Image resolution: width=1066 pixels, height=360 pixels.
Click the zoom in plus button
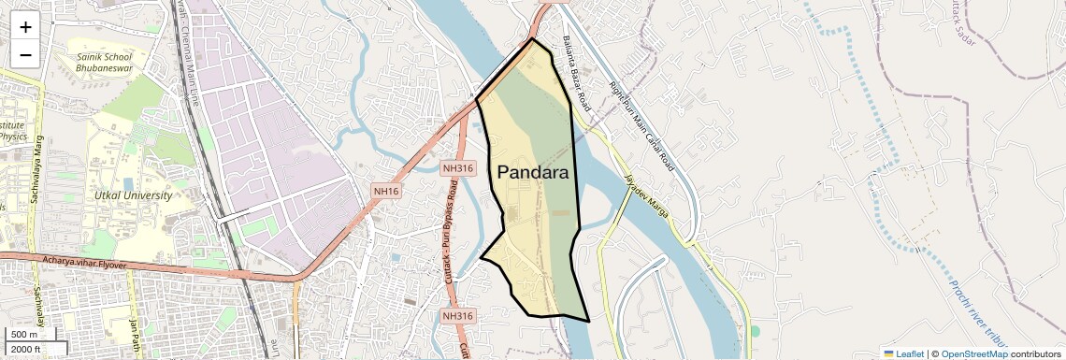click(25, 27)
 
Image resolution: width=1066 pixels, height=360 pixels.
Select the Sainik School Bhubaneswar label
click(105, 63)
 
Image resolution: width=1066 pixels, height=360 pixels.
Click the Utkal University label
click(133, 195)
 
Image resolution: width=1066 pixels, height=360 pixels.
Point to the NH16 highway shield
click(386, 191)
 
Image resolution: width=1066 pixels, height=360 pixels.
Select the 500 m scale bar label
click(24, 334)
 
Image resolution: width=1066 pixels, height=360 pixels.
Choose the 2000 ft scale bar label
click(25, 349)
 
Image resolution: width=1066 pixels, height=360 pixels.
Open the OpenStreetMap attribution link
click(973, 353)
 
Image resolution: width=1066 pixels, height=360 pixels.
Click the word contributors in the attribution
click(1035, 353)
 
